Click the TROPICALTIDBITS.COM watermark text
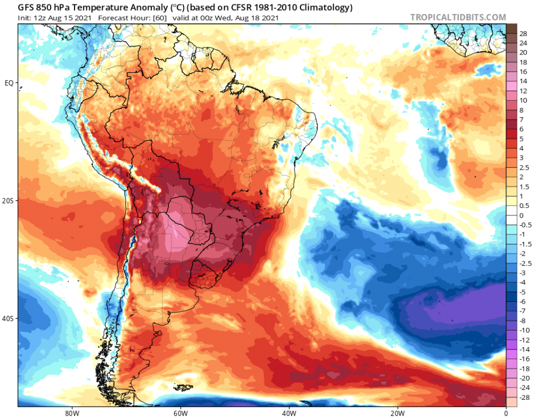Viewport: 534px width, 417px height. point(458,17)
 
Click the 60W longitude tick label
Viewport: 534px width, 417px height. point(179,413)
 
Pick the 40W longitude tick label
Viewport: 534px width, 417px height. point(288,413)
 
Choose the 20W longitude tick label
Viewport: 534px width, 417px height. point(397,413)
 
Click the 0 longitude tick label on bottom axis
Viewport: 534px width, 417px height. point(506,413)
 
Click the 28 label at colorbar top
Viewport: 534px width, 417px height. point(523,33)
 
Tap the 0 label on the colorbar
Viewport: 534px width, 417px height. point(521,215)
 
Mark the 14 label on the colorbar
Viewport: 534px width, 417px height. point(523,81)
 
